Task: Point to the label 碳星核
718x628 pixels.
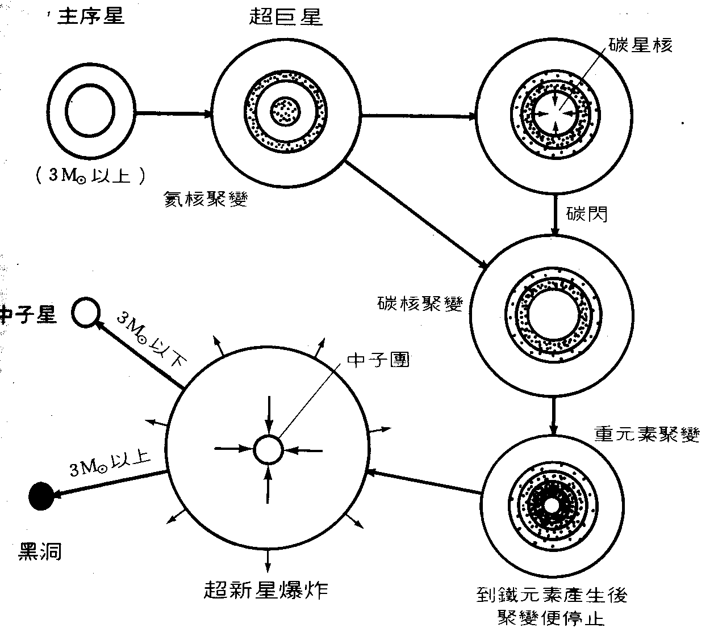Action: [640, 45]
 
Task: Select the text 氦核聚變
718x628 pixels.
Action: [205, 199]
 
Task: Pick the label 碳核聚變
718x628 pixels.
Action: [420, 304]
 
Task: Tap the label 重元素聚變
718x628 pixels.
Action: [646, 433]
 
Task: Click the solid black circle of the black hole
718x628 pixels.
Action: [41, 496]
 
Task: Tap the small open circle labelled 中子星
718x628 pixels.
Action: [86, 312]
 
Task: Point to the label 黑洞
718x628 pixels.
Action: [40, 550]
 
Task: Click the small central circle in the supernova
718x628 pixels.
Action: [268, 450]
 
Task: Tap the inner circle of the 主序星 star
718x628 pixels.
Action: [90, 108]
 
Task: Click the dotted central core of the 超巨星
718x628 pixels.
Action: [286, 110]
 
